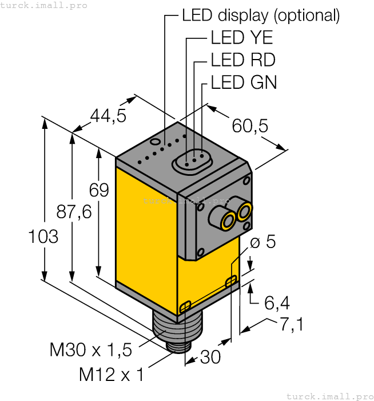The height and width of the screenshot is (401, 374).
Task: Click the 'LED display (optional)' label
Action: click(261, 15)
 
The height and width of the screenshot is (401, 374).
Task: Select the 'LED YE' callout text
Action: click(242, 38)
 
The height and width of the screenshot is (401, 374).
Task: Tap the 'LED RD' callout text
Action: click(243, 60)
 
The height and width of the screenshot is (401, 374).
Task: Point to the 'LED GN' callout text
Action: click(244, 82)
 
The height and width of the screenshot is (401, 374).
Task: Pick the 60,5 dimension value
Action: click(250, 125)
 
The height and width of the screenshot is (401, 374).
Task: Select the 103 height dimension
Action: click(43, 236)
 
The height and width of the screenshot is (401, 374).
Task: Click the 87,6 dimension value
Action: click(73, 212)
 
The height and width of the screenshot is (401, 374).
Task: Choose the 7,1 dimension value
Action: click(291, 324)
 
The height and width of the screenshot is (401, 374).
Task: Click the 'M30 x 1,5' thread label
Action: click(91, 349)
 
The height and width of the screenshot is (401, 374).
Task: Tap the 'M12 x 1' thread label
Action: click(112, 375)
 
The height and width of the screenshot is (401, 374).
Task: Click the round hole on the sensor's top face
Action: click(154, 141)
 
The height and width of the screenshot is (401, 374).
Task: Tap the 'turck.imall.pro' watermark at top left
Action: click(43, 5)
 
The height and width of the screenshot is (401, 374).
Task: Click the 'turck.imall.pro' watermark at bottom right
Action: click(329, 396)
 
